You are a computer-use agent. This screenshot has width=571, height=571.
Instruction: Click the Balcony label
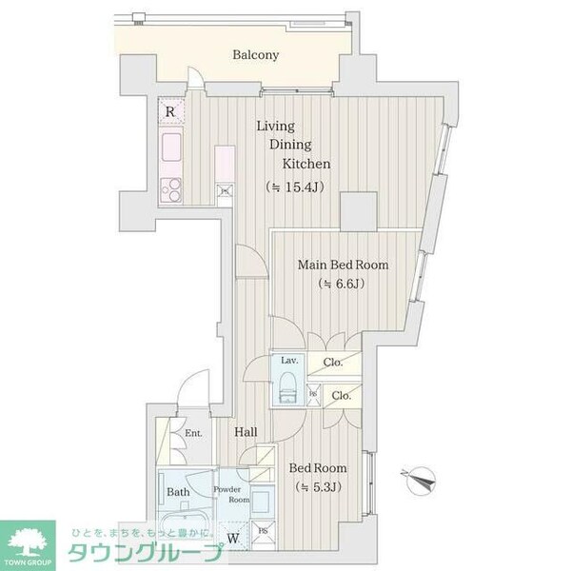coord(256,55)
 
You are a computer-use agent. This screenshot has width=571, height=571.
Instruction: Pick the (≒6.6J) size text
coord(341,284)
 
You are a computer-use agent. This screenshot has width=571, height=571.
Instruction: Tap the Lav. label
coord(289,361)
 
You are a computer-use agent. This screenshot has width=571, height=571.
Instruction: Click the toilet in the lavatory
coord(288,387)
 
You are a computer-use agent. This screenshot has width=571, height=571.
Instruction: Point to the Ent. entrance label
coord(193,434)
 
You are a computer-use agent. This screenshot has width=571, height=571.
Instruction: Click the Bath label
coord(179,492)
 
